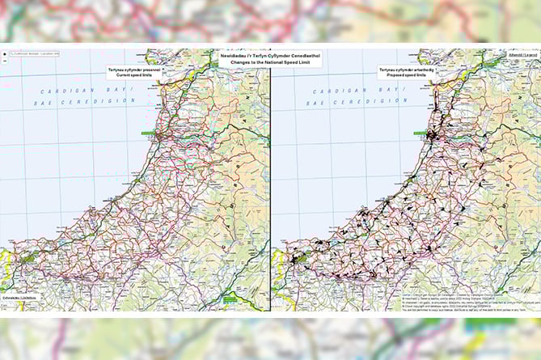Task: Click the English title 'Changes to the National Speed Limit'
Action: [x=270, y=61]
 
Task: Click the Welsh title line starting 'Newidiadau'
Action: [x=270, y=54]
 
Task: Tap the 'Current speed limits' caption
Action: [x=136, y=77]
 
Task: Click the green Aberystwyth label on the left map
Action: [x=150, y=133]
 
